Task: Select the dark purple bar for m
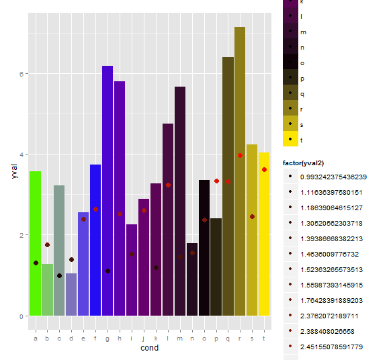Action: [x=179, y=201]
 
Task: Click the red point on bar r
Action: [x=240, y=155]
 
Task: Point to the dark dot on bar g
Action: [x=107, y=271]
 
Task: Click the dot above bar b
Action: [x=47, y=245]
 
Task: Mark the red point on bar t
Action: [x=264, y=170]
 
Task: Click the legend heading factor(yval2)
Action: [x=313, y=163]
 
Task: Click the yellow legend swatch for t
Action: [x=290, y=140]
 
